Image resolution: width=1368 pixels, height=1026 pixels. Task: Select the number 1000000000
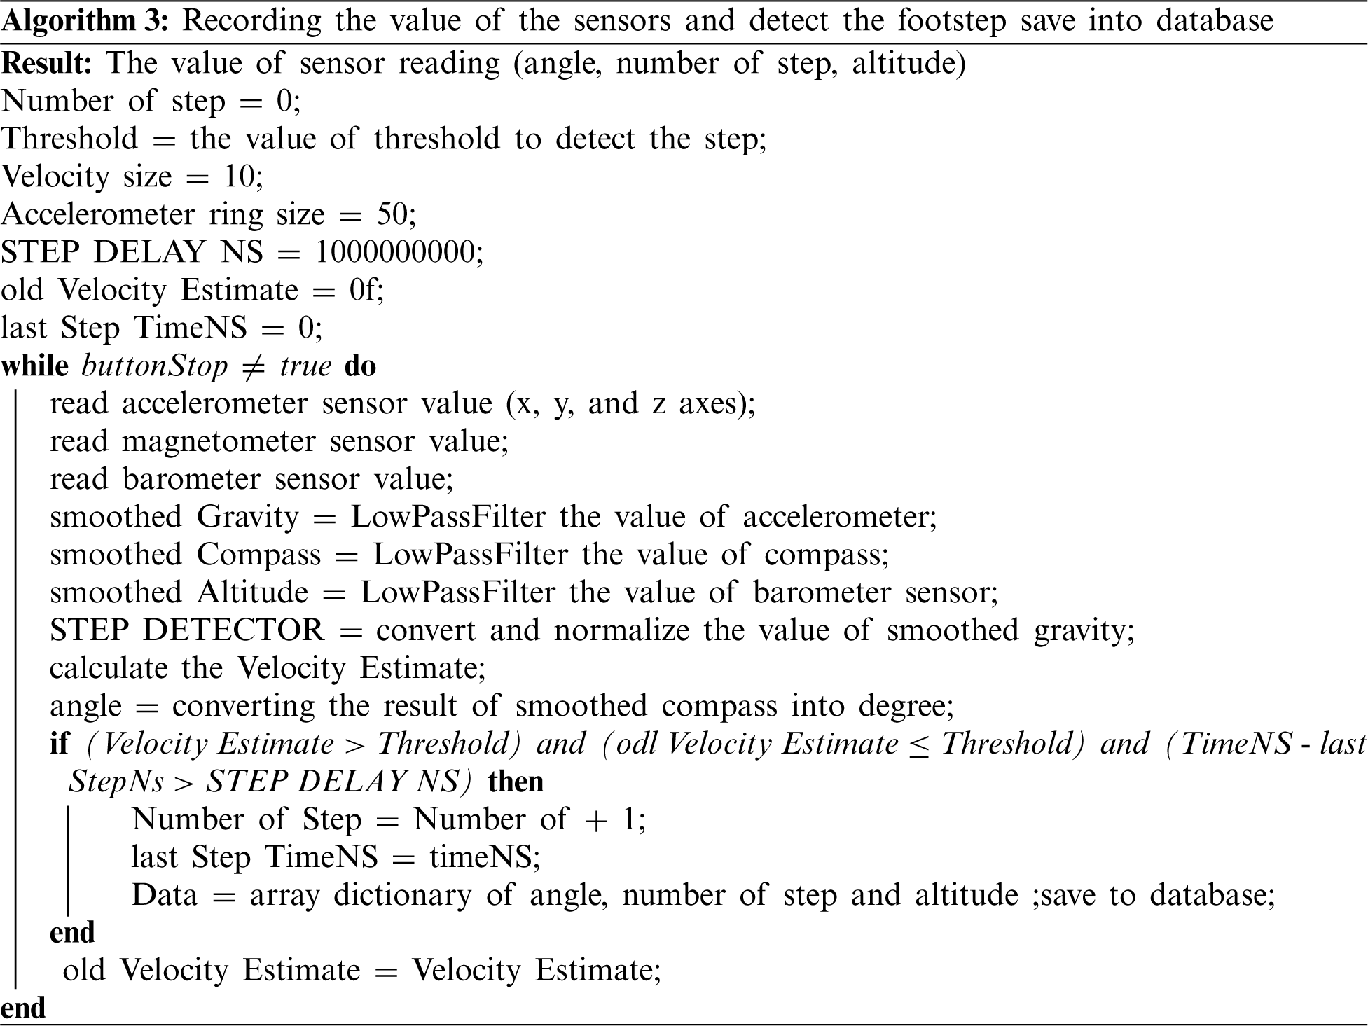click(395, 252)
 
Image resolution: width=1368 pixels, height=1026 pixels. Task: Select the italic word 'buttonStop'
click(155, 366)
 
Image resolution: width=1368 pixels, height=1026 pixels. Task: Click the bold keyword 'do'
click(360, 366)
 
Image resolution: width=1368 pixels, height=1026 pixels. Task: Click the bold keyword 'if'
click(59, 744)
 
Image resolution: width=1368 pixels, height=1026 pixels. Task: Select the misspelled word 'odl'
click(637, 744)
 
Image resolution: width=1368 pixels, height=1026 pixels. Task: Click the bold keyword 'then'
click(516, 782)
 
